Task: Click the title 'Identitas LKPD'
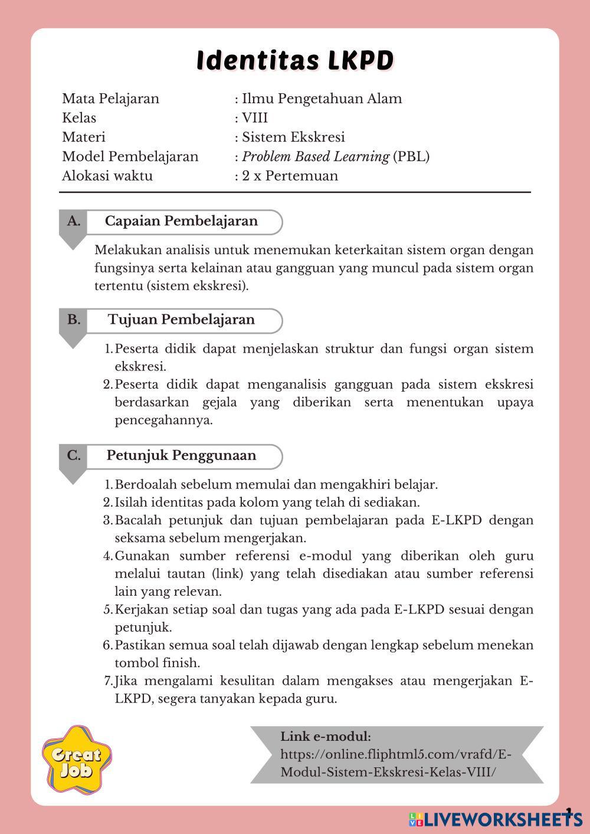click(x=294, y=61)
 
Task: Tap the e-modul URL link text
click(x=395, y=763)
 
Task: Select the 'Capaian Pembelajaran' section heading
click(x=181, y=221)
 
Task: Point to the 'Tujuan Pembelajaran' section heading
click(x=181, y=320)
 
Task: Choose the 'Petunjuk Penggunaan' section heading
click(x=181, y=455)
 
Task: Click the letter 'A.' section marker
click(x=74, y=221)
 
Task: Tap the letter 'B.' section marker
click(x=74, y=320)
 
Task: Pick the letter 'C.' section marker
click(x=74, y=455)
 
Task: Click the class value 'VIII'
click(x=255, y=118)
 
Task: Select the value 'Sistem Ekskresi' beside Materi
click(x=293, y=137)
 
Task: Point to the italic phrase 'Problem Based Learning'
click(x=316, y=157)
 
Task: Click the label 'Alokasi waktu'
click(x=107, y=176)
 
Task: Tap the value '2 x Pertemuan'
click(x=290, y=176)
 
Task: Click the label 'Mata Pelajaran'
click(x=110, y=98)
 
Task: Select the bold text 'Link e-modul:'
click(x=326, y=737)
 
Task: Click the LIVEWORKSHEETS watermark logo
click(x=496, y=819)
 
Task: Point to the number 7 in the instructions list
click(x=108, y=681)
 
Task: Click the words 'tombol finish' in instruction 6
click(x=157, y=663)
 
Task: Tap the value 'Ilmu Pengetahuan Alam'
click(x=322, y=98)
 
